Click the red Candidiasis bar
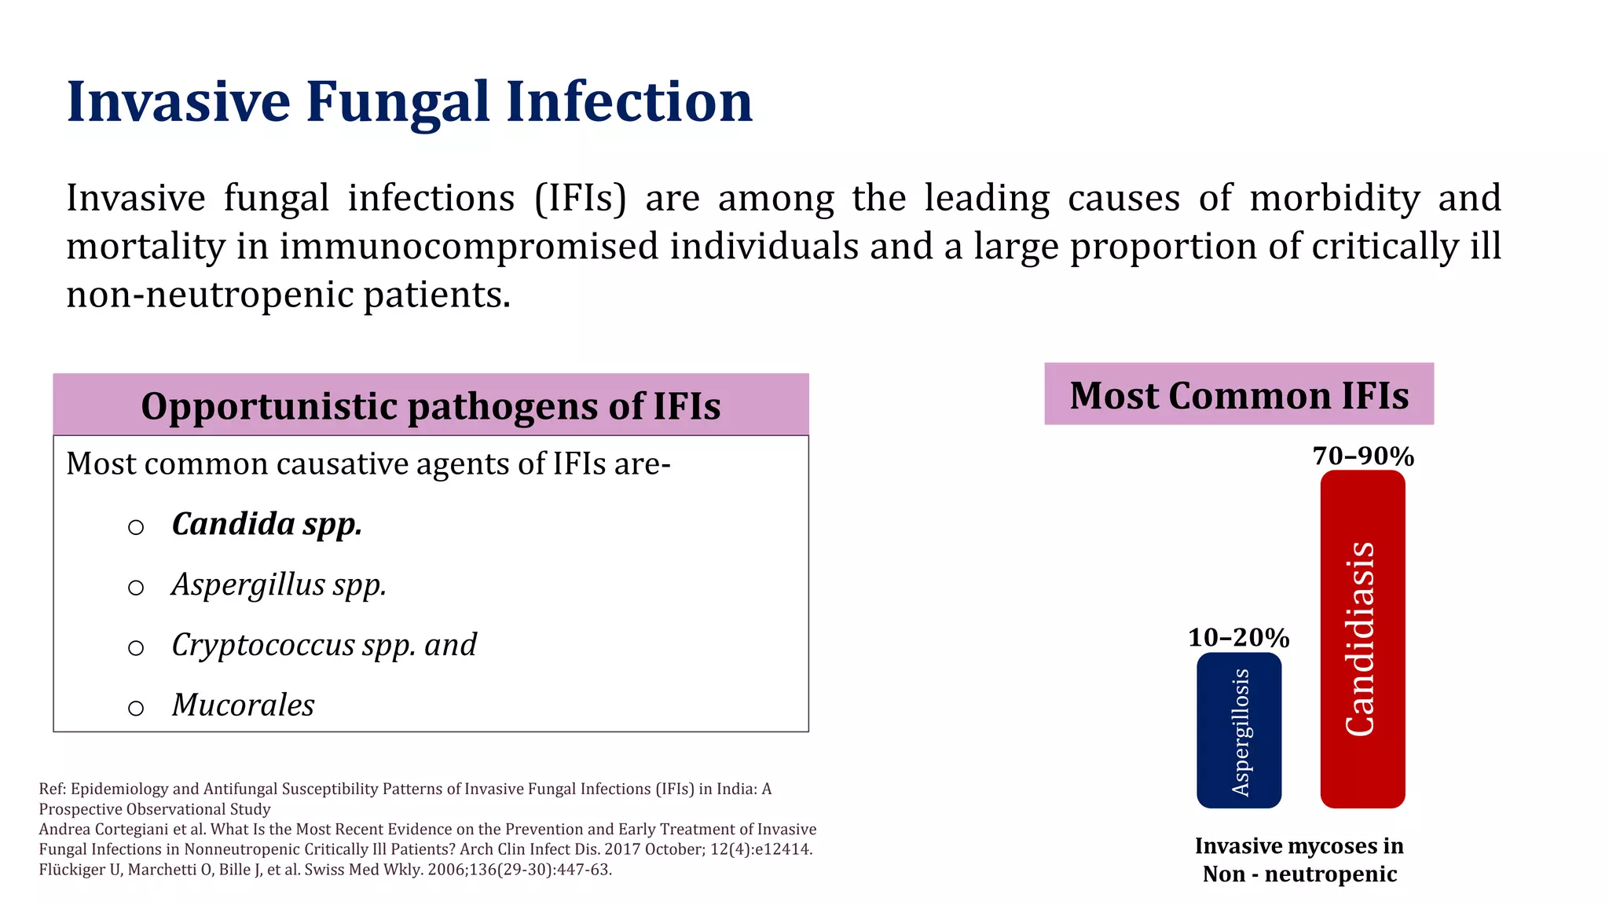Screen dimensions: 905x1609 coord(1362,639)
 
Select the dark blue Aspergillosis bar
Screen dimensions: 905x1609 coord(1239,730)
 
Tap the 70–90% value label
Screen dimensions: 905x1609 coord(1363,456)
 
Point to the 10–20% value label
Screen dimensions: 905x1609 coord(1238,637)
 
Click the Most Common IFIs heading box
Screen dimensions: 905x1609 coord(1239,394)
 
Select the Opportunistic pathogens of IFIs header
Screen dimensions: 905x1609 coord(431,405)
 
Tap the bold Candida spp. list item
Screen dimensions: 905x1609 coord(267,524)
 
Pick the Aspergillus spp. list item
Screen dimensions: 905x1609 coord(279,584)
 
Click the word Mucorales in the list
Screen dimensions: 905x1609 coord(243,705)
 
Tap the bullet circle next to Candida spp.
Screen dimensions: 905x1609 coord(136,527)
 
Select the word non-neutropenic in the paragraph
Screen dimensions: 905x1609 coord(210,295)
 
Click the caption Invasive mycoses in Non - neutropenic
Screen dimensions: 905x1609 coord(1299,859)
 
